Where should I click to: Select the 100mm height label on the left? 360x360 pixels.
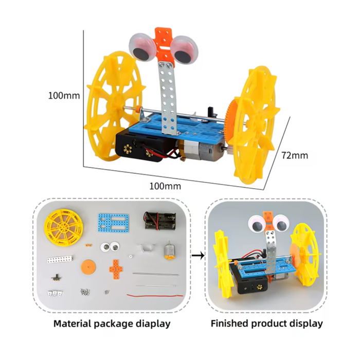pyautogui.click(x=64, y=95)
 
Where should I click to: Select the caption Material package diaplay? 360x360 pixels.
pyautogui.click(x=112, y=323)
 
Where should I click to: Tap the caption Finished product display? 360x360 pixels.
pyautogui.click(x=266, y=323)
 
